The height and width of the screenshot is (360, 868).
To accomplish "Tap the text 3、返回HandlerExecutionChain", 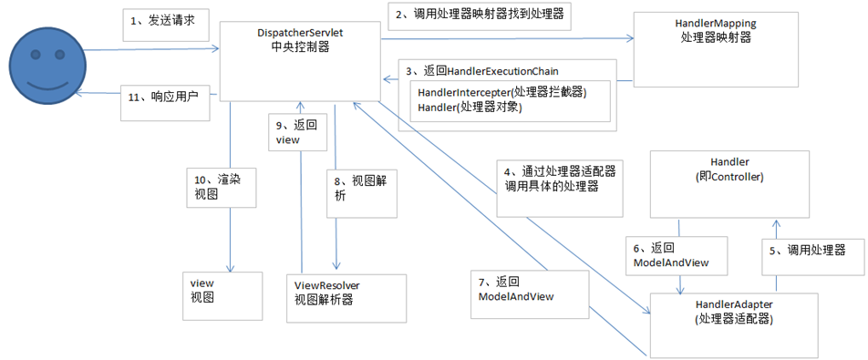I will coord(484,71).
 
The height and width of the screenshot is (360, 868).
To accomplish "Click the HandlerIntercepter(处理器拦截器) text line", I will coord(501,93).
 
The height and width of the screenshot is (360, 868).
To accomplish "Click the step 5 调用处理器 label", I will coord(811,250).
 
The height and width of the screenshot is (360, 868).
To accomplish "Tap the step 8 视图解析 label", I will coord(360,189).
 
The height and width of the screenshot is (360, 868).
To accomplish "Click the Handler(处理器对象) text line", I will coord(474,108).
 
